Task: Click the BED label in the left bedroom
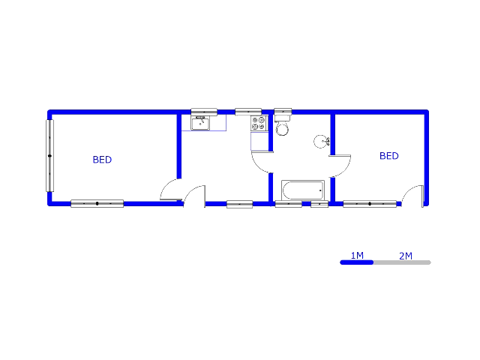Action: click(x=102, y=160)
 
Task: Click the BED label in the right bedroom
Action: click(x=389, y=156)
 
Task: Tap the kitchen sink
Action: click(x=200, y=124)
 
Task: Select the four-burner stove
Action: click(x=258, y=123)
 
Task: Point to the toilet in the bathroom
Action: click(x=282, y=125)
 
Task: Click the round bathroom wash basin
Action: click(x=322, y=142)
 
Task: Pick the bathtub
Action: click(x=303, y=190)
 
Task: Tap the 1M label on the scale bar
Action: click(x=357, y=255)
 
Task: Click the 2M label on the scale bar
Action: click(x=406, y=256)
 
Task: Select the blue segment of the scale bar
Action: click(x=357, y=262)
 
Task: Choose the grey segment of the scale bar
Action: click(x=402, y=262)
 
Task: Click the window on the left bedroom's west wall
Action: click(x=50, y=156)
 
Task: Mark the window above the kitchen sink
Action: click(x=204, y=112)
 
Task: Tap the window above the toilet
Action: click(x=283, y=111)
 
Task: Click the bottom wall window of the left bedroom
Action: click(x=97, y=203)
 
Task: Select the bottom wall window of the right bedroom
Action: click(x=370, y=204)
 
